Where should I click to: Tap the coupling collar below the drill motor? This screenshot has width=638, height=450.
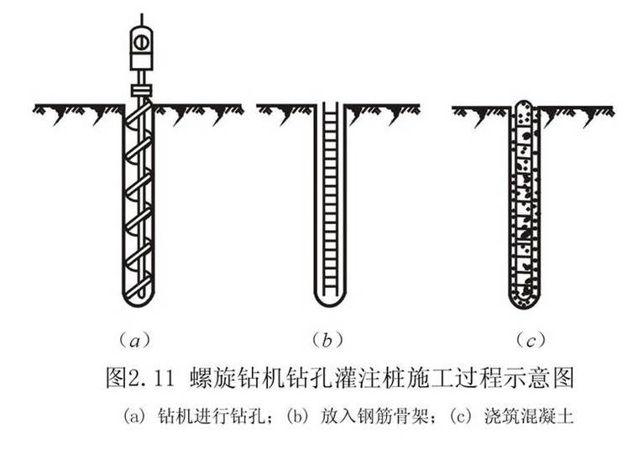(x=141, y=88)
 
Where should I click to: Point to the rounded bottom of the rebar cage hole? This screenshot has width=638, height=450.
(x=330, y=297)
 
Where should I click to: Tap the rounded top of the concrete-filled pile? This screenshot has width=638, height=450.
(x=525, y=105)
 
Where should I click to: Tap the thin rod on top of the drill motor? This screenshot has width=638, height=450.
(x=141, y=19)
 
